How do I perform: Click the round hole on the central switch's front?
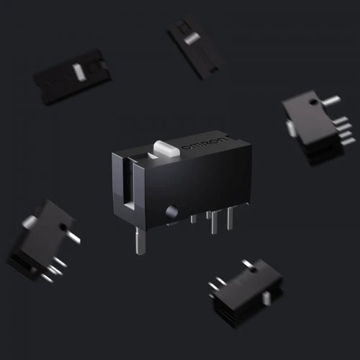pos(171,212)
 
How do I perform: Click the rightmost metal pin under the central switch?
pos(230,216)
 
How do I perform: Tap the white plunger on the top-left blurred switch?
pos(78,71)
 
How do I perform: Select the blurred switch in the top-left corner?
pos(71,76)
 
